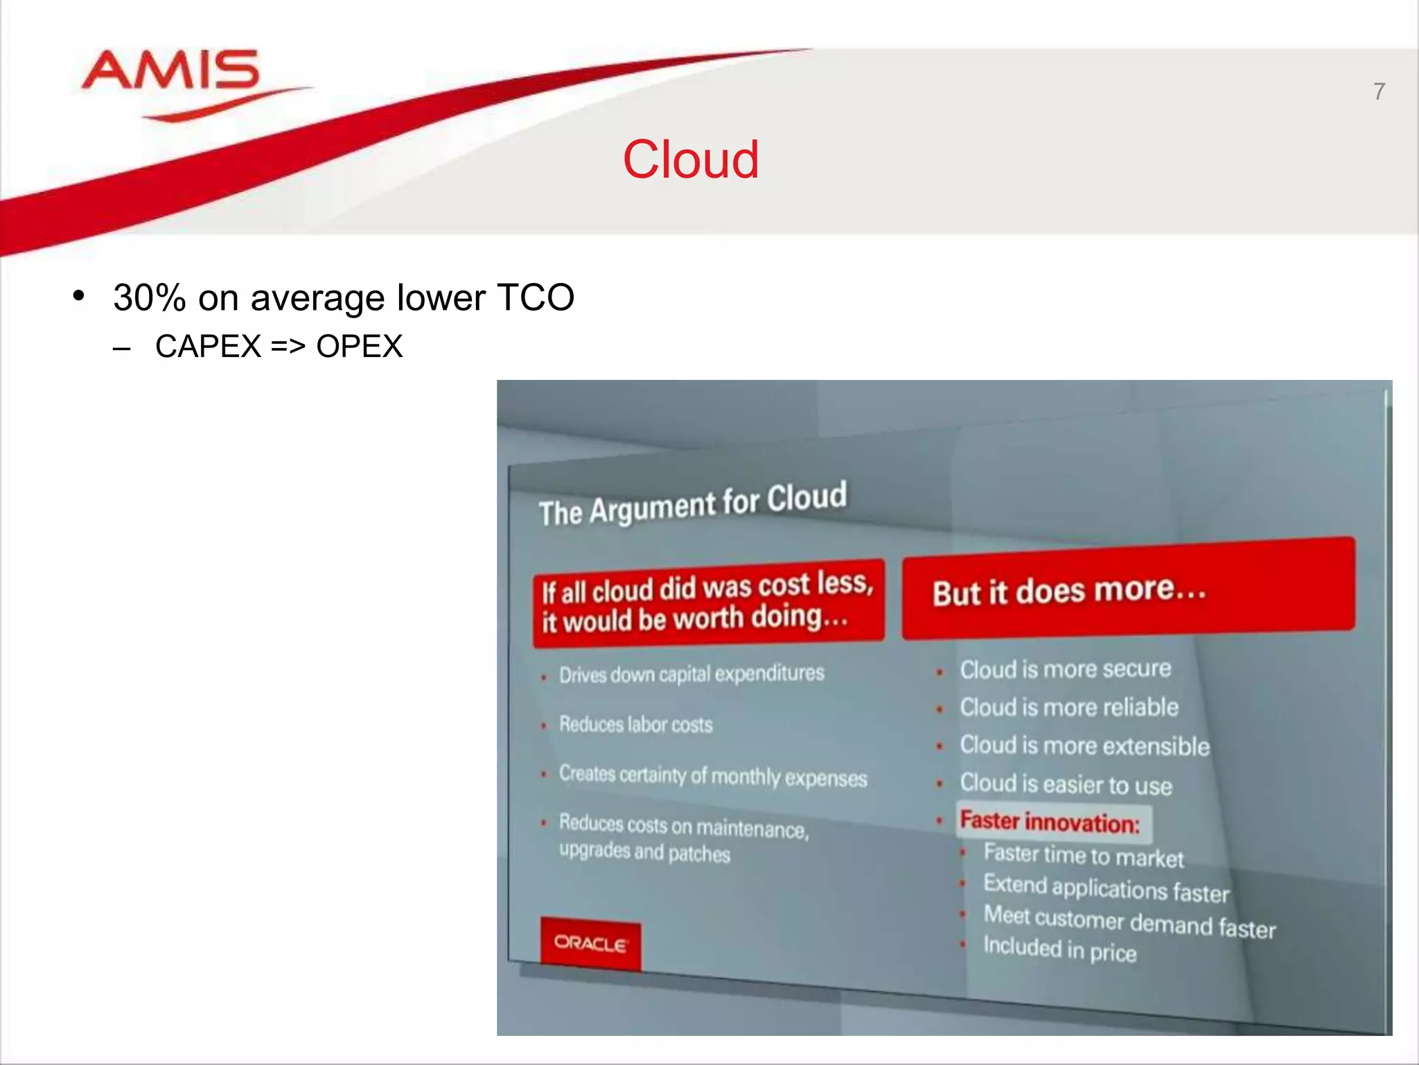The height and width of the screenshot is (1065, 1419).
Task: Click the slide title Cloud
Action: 690,159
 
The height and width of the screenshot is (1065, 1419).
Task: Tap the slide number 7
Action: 1379,92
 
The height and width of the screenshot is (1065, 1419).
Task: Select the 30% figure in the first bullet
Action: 150,298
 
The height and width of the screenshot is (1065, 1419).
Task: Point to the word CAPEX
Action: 208,347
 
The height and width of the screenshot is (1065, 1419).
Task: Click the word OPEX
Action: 359,347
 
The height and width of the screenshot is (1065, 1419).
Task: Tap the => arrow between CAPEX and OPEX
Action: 288,347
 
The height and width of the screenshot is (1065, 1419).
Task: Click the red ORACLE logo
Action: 590,944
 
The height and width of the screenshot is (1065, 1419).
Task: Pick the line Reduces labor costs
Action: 635,725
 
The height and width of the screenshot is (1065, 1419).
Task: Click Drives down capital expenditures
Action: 691,674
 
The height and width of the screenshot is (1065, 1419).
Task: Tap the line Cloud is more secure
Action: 1065,669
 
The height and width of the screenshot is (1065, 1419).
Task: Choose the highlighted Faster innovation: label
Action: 1050,822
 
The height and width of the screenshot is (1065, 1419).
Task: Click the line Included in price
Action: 1059,949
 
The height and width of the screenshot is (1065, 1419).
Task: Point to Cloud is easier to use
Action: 1066,784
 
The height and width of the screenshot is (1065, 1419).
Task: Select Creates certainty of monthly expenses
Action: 712,776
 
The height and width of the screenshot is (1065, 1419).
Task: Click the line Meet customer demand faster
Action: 1129,922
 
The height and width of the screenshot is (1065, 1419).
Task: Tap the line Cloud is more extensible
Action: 1084,746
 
